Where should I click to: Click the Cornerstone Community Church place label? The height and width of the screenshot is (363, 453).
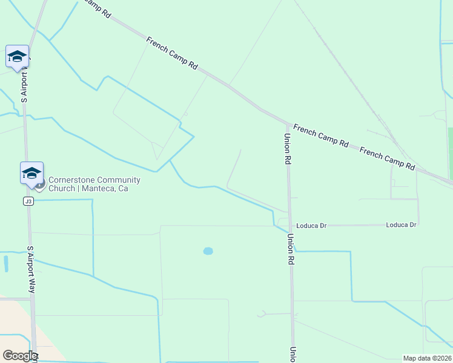coord(94,184)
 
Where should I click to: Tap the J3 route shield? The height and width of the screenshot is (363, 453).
coord(28,201)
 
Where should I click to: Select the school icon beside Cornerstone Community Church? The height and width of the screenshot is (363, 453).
coord(31,174)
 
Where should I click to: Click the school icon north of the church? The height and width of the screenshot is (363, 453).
coord(17,57)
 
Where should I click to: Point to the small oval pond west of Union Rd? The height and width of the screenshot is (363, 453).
coord(208,250)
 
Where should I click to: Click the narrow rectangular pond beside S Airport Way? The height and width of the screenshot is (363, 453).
coord(6,264)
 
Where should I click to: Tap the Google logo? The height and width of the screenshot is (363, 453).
coord(20,356)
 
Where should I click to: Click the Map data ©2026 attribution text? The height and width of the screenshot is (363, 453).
coord(427,358)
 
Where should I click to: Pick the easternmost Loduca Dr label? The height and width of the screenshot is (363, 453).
coord(401,225)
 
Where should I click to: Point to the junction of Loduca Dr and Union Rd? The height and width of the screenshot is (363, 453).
coord(289,226)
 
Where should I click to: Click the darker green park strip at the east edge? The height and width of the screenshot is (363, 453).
coord(450,145)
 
